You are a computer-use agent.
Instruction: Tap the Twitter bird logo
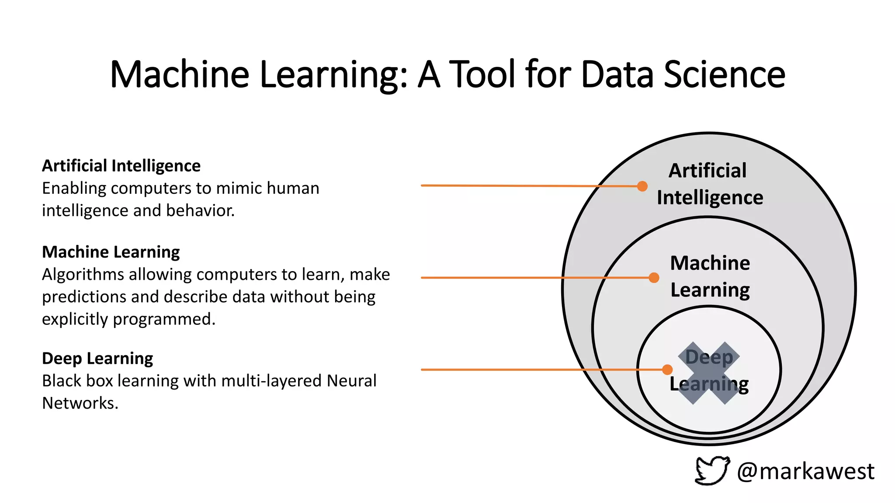point(712,470)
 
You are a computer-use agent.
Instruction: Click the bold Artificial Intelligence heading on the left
point(121,166)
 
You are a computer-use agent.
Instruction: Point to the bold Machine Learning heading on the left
point(111,252)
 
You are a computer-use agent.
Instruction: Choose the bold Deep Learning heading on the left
point(97,358)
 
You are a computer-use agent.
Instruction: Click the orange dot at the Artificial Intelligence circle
point(642,186)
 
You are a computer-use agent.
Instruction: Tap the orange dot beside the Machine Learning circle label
point(654,278)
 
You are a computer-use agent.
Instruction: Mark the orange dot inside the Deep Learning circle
point(667,370)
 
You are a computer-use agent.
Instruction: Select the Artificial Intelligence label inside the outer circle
point(709,184)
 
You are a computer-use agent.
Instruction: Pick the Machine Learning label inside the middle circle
point(710,276)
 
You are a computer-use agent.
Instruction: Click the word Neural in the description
point(351,381)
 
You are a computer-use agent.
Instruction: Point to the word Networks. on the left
point(80,403)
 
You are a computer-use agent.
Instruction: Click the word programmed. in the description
point(164,319)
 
